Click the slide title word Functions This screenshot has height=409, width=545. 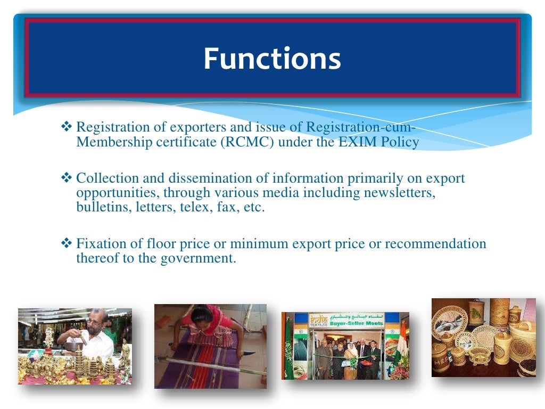pyautogui.click(x=272, y=59)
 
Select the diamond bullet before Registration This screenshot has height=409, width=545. pyautogui.click(x=67, y=128)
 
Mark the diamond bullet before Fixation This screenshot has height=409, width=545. pyautogui.click(x=67, y=244)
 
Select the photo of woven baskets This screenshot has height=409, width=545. pyautogui.click(x=483, y=338)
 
